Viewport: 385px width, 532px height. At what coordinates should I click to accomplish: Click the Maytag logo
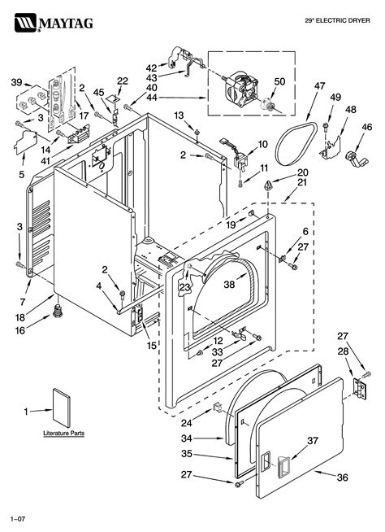pyautogui.click(x=54, y=23)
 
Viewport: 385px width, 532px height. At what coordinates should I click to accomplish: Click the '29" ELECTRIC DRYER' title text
pyautogui.click(x=337, y=20)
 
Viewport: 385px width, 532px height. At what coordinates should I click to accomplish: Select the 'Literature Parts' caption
pyautogui.click(x=63, y=434)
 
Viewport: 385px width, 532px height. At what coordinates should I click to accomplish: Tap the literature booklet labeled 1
pyautogui.click(x=62, y=408)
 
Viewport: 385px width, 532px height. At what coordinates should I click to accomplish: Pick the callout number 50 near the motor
pyautogui.click(x=279, y=82)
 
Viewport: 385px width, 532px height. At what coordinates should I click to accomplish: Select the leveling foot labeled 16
pyautogui.click(x=58, y=311)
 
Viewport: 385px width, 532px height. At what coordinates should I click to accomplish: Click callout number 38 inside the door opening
pyautogui.click(x=229, y=285)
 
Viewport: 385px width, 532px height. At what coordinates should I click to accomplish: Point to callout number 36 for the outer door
pyautogui.click(x=343, y=477)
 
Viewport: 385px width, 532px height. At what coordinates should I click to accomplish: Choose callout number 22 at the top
pyautogui.click(x=123, y=81)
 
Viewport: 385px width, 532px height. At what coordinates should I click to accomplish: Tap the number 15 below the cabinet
pyautogui.click(x=152, y=346)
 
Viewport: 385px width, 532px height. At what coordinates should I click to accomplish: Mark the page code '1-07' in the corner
pyautogui.click(x=18, y=519)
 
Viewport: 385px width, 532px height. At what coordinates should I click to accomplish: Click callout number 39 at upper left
pyautogui.click(x=16, y=82)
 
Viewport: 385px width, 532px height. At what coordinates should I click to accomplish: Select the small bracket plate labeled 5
pyautogui.click(x=25, y=142)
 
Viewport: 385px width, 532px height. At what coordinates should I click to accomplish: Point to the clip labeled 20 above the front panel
pyautogui.click(x=269, y=185)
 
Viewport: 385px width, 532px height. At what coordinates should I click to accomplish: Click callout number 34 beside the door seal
pyautogui.click(x=187, y=438)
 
